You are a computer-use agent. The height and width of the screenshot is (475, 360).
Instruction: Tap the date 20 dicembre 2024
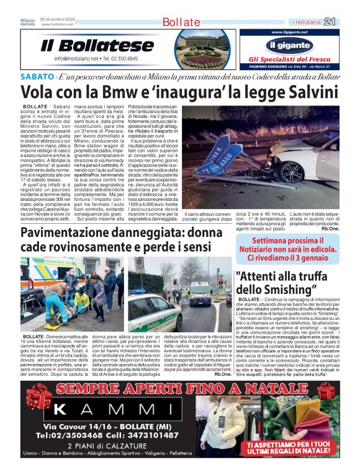click(57, 19)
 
